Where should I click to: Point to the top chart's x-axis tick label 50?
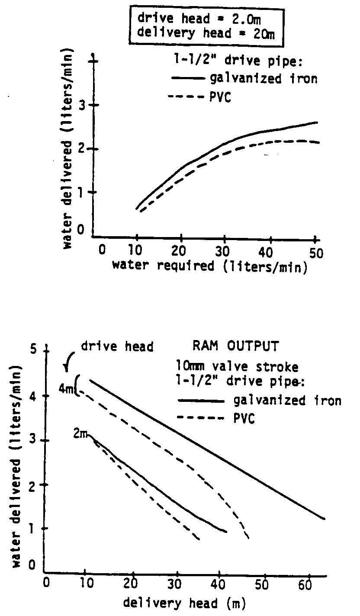click(x=316, y=253)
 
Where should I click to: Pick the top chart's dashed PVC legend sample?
click(x=185, y=98)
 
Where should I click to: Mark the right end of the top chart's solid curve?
click(x=317, y=122)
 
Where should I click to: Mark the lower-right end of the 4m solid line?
click(x=324, y=518)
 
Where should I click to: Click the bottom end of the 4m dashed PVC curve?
click(x=249, y=538)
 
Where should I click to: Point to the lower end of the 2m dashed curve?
click(x=199, y=539)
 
